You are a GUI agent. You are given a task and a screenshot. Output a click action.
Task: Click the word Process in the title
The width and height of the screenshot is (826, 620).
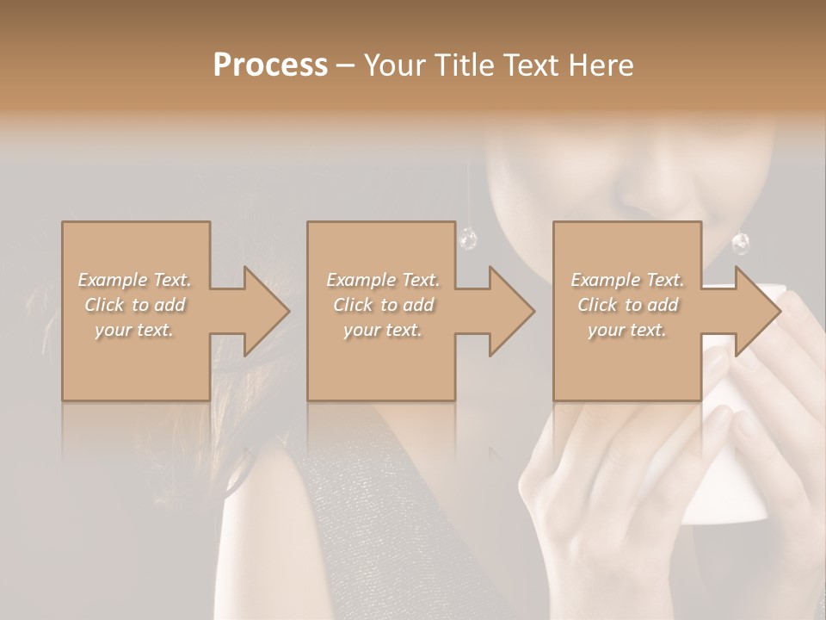click(x=270, y=65)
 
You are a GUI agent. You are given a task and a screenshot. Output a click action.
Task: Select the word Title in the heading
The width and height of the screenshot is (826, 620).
click(x=465, y=65)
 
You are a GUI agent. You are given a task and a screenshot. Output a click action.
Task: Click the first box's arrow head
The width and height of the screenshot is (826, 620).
click(x=267, y=311)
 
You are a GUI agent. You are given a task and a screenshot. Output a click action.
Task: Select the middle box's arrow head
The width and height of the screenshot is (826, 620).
click(x=511, y=311)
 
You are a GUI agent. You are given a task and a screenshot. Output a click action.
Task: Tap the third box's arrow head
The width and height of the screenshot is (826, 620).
click(x=757, y=311)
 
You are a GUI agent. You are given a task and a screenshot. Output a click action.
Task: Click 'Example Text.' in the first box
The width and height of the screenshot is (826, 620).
click(x=135, y=280)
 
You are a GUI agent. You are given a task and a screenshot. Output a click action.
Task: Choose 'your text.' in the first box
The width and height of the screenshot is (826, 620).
click(x=135, y=330)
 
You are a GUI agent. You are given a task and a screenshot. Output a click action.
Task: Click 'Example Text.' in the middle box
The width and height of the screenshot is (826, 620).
click(x=383, y=280)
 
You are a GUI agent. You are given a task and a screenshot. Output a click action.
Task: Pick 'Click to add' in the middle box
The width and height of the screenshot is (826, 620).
click(x=383, y=305)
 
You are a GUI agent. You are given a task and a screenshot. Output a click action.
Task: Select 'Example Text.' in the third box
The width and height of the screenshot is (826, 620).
click(x=627, y=280)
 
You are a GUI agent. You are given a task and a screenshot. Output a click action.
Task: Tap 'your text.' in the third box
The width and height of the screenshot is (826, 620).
click(x=627, y=330)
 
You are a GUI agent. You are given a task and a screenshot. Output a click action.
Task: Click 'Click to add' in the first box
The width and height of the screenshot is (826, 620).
click(x=135, y=305)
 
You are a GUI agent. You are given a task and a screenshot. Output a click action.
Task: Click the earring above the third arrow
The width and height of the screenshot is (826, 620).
click(x=740, y=243)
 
